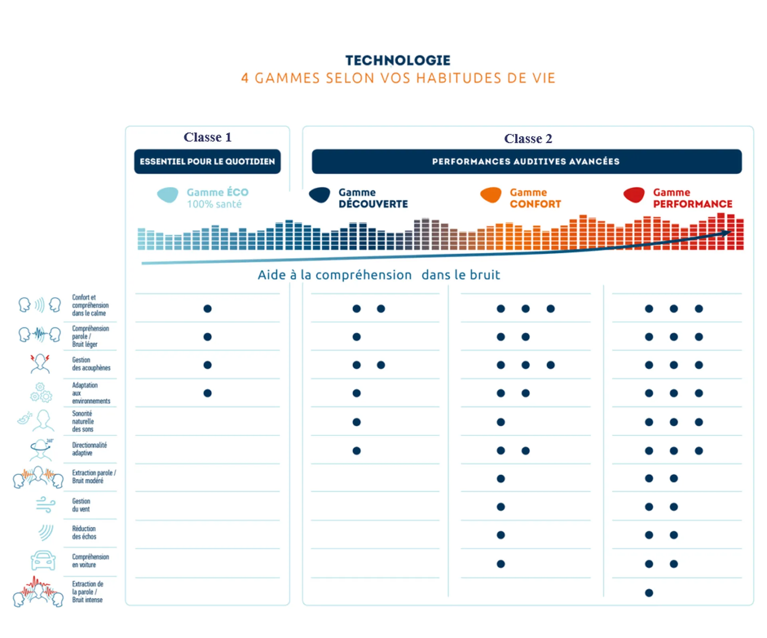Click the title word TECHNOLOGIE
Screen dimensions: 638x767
(397, 60)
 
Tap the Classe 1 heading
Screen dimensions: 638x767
(207, 137)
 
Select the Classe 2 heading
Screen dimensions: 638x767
(528, 139)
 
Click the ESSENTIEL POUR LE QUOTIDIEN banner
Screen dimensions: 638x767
(207, 161)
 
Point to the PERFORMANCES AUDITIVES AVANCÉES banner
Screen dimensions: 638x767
(526, 161)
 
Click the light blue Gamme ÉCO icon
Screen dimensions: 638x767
(168, 195)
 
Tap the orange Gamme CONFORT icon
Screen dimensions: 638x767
(491, 195)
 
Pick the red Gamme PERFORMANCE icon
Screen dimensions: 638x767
(634, 195)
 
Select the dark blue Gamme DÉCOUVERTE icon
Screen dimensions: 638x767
(320, 195)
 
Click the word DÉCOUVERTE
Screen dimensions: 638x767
(373, 204)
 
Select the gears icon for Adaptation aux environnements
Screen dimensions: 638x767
(41, 393)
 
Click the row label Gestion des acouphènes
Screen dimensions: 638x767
(91, 364)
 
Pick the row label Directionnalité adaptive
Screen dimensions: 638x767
(89, 449)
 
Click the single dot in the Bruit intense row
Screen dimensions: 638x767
(649, 593)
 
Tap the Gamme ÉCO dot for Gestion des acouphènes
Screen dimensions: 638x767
(207, 365)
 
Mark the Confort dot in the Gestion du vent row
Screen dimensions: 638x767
(501, 507)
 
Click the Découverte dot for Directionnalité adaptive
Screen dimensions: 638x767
(357, 451)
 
